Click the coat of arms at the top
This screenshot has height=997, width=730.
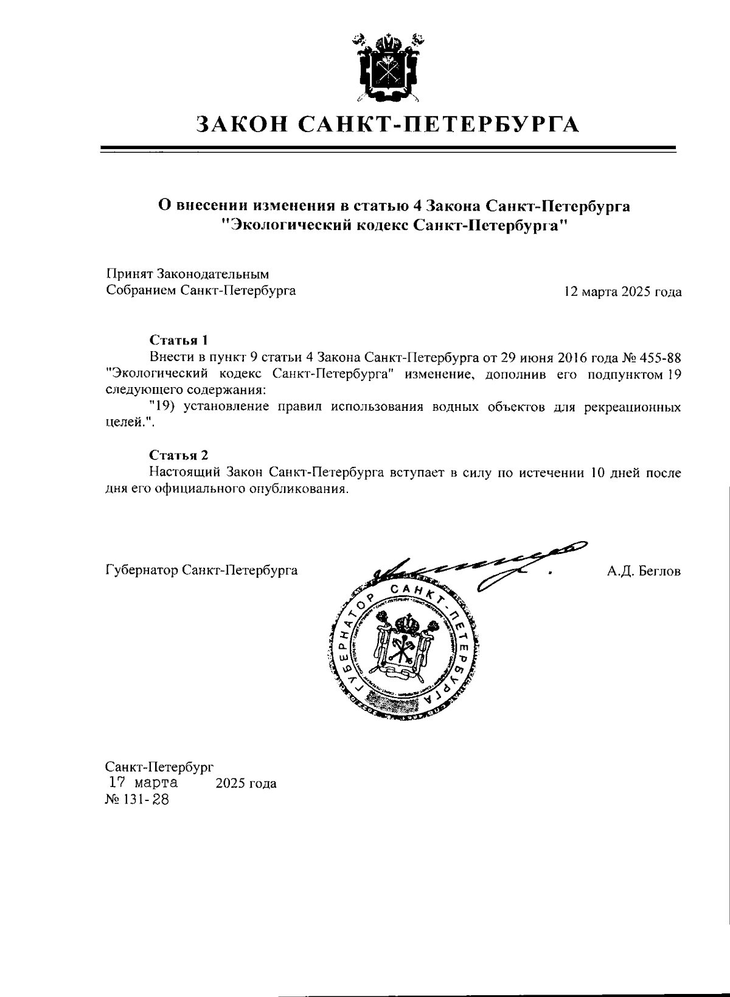coord(388,68)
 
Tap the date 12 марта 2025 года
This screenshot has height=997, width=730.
coord(623,292)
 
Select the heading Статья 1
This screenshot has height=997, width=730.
coord(179,339)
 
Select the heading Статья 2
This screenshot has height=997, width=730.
coord(179,455)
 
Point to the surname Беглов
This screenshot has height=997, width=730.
coord(660,571)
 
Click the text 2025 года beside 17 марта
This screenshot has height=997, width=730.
coord(246,783)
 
